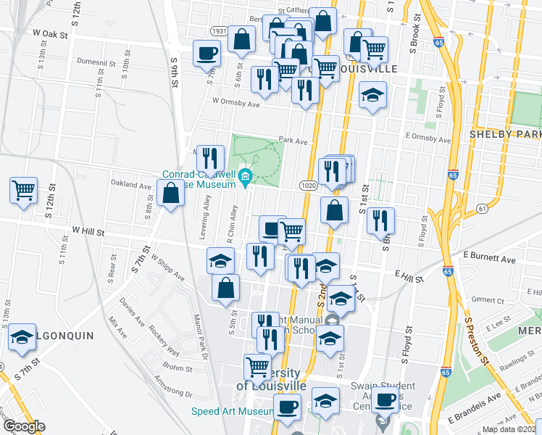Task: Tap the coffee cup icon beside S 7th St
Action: (x=207, y=53)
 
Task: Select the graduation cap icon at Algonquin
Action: (x=23, y=337)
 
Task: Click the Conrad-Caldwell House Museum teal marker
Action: (x=246, y=176)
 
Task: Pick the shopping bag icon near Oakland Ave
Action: (x=171, y=194)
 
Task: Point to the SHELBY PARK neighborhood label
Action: (x=505, y=134)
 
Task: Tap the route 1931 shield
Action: (x=220, y=32)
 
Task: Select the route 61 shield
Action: (x=481, y=209)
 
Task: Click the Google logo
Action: (x=24, y=426)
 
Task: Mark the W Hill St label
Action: (x=88, y=233)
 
